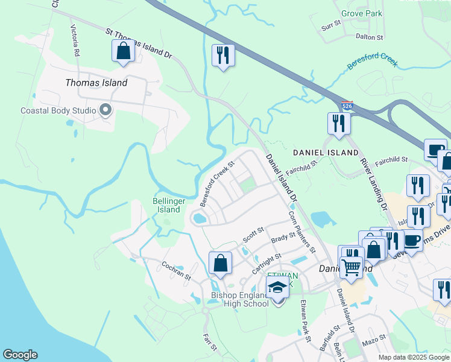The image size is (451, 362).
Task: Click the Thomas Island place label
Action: (x=96, y=83)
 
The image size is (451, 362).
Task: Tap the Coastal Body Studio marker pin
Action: (x=106, y=110)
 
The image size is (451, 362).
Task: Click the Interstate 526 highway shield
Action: (x=346, y=106)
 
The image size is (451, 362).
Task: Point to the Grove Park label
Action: (x=361, y=13)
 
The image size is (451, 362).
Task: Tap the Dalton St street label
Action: (x=370, y=37)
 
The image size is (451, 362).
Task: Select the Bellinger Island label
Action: (x=165, y=205)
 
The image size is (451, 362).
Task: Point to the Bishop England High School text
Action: (x=239, y=299)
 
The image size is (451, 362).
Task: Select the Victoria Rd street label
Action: (x=75, y=40)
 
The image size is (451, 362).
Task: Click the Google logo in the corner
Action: (x=20, y=355)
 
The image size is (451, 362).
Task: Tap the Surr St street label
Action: (x=331, y=26)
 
